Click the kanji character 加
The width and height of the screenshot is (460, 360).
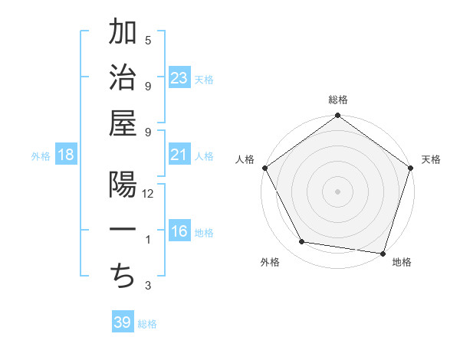tap(123, 32)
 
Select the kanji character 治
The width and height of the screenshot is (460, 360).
tap(123, 79)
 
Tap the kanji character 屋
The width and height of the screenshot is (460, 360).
tap(123, 125)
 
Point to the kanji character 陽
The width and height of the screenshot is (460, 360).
tap(123, 186)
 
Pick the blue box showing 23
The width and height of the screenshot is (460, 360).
tap(179, 78)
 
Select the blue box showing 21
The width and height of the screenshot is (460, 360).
tap(179, 155)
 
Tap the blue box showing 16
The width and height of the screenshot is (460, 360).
tap(179, 232)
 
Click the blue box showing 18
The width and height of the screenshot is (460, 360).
tap(66, 155)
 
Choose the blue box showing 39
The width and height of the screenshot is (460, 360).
tap(123, 322)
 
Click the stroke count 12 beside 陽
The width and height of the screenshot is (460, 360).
tap(149, 195)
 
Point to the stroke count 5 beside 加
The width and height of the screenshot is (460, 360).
tap(148, 40)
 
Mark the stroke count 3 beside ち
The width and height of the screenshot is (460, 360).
tap(148, 286)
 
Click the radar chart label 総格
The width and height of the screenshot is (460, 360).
tap(338, 100)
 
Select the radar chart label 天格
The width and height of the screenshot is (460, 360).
tap(432, 159)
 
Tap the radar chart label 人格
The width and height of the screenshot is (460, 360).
tap(245, 159)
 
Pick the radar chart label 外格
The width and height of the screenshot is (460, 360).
tap(269, 262)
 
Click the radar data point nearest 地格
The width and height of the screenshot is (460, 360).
tap(383, 252)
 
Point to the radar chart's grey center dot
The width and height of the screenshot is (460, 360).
tap(337, 191)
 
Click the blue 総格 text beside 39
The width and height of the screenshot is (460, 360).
tap(147, 324)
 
